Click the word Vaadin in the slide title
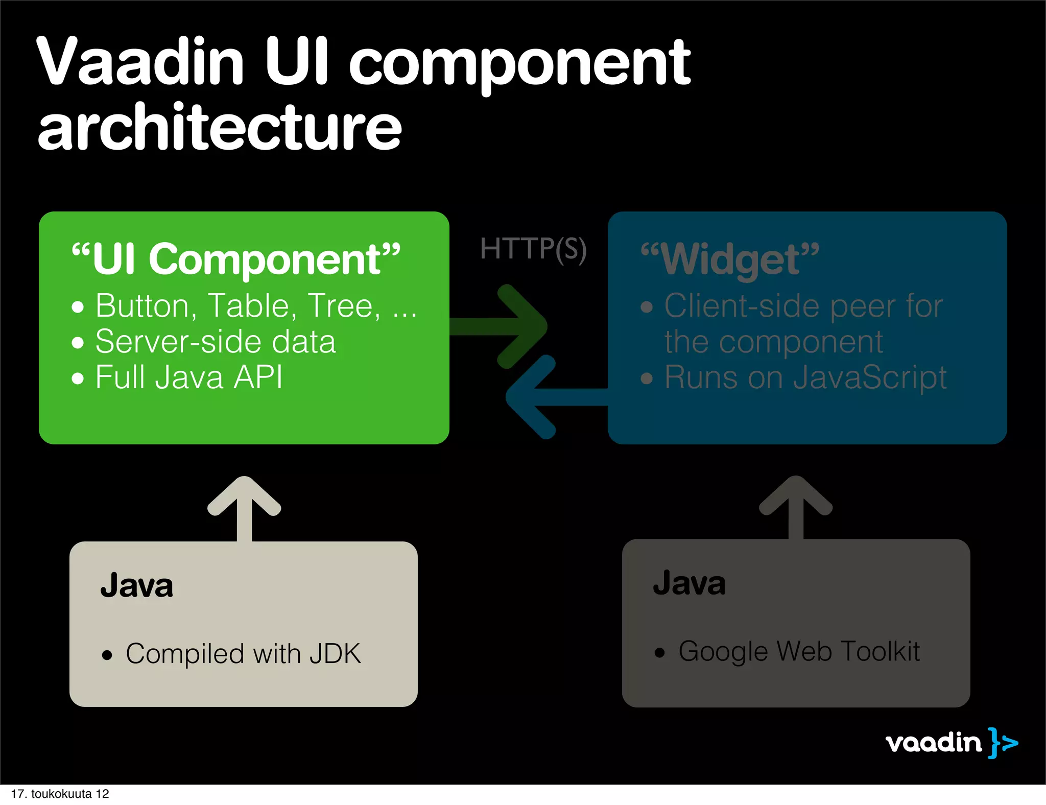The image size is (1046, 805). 140,63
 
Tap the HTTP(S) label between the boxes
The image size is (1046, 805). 533,250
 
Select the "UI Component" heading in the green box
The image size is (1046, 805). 236,259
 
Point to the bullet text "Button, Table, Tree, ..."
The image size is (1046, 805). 255,306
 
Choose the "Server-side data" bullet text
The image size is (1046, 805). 215,342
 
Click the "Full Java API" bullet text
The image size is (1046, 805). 188,377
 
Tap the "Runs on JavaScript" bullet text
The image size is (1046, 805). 805,377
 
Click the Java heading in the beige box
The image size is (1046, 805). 136,585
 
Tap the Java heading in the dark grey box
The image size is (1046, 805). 689,583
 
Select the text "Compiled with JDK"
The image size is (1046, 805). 243,654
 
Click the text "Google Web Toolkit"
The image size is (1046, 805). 799,652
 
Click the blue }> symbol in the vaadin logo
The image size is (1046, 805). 1003,743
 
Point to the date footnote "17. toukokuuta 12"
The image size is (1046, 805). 60,794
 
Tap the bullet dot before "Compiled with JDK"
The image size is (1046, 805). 107,655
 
